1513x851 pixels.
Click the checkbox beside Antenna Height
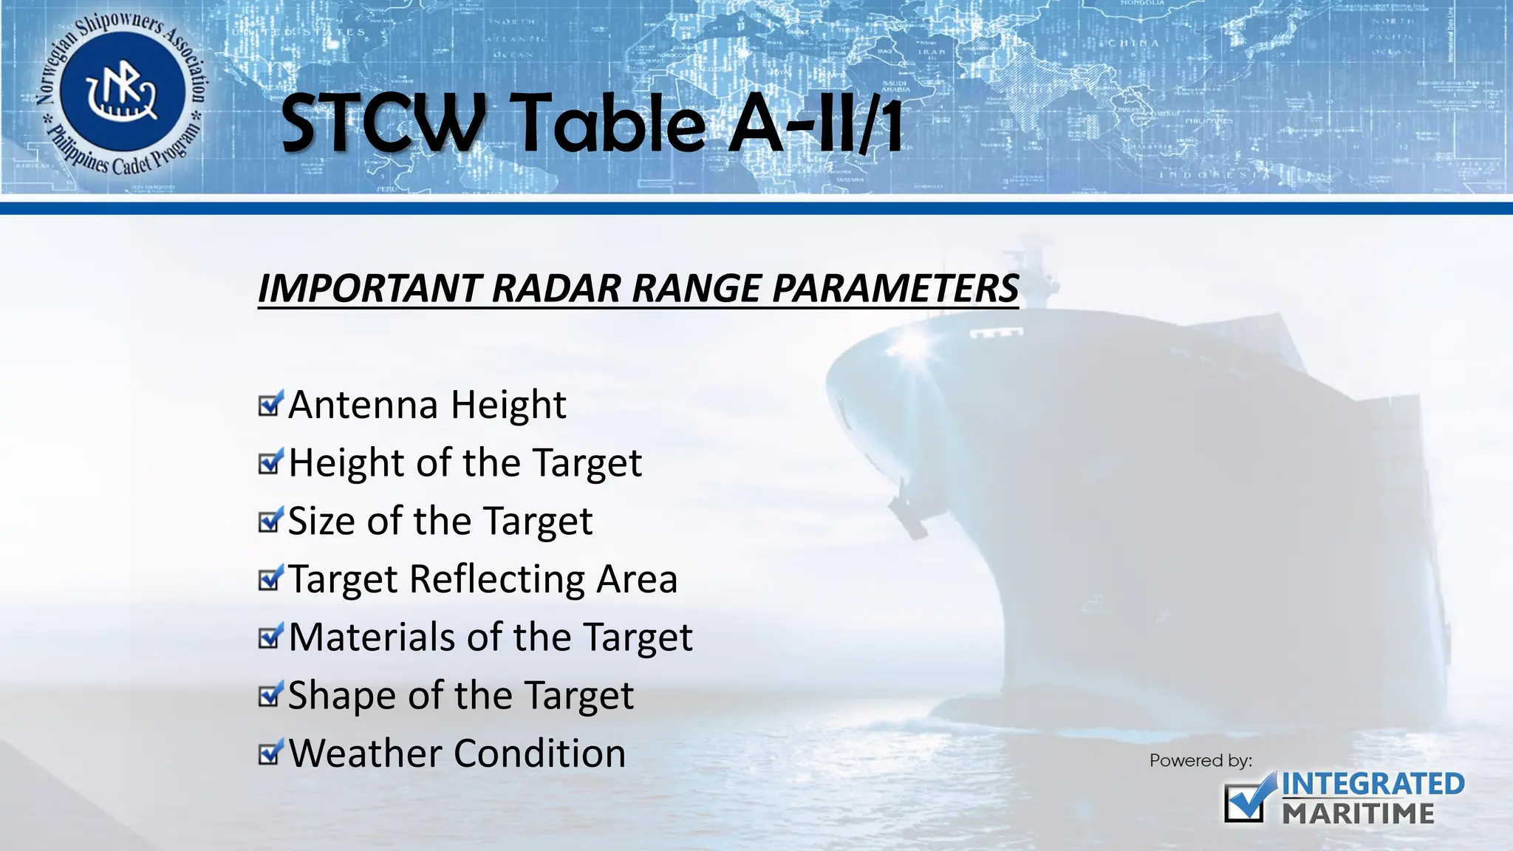click(270, 404)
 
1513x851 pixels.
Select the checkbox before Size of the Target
click(270, 521)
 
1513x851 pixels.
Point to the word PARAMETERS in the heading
click(895, 288)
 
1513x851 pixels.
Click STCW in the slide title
click(382, 124)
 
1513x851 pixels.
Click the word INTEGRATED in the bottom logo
click(1373, 785)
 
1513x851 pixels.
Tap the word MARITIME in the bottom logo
click(1358, 814)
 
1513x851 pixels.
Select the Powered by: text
click(1201, 760)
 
